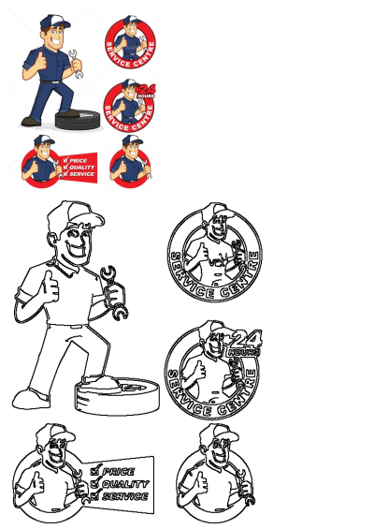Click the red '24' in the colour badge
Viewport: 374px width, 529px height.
coord(144,88)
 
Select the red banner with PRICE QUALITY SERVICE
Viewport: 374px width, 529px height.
coord(78,167)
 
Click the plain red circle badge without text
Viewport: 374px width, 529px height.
coord(131,165)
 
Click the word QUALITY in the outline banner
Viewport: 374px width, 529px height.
coord(124,483)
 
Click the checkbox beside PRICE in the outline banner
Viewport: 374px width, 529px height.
coord(94,472)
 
